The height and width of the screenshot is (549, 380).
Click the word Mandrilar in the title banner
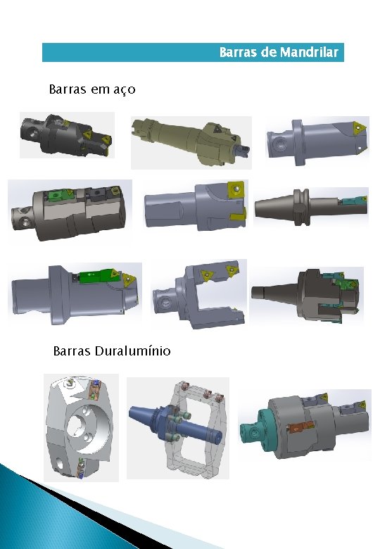309,52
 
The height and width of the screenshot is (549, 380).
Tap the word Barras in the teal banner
239,52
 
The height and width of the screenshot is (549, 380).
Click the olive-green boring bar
191,141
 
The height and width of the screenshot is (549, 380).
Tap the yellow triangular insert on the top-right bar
360,127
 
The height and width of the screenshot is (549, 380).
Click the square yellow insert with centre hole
236,190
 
